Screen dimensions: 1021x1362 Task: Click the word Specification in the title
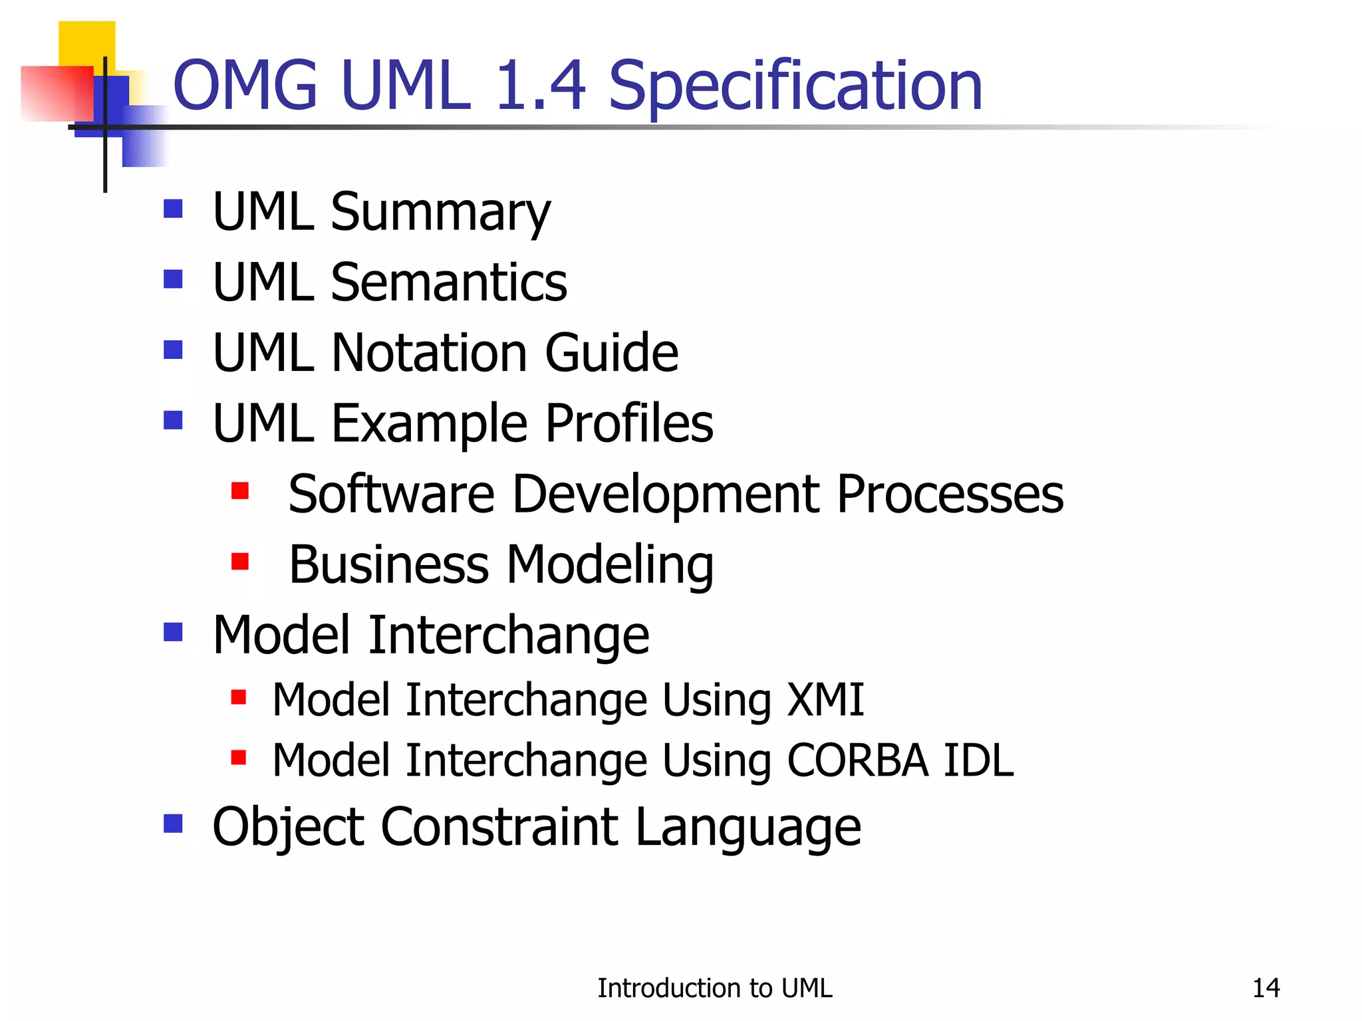[795, 86]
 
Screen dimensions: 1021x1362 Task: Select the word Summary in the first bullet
[440, 213]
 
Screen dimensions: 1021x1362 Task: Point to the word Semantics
[449, 283]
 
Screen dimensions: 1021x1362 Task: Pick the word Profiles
[628, 423]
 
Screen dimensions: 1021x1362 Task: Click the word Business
[389, 564]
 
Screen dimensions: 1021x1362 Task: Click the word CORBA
[857, 760]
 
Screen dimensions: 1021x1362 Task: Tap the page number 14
[1266, 988]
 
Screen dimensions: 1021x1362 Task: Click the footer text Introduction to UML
[714, 988]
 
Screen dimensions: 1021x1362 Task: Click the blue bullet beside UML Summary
[173, 209]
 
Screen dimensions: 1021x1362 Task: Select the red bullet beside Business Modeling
[239, 562]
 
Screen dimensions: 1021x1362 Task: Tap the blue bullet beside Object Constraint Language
[173, 824]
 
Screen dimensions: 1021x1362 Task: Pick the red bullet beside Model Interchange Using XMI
[239, 697]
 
